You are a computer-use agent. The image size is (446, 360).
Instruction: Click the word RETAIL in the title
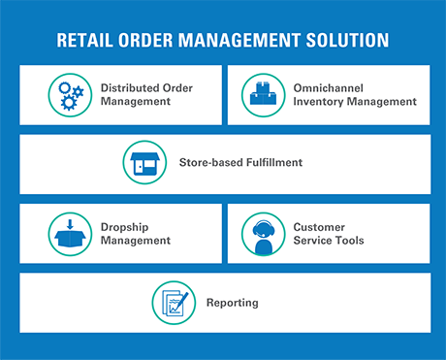pos(84,40)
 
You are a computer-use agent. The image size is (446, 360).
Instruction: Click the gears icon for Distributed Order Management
pos(71,96)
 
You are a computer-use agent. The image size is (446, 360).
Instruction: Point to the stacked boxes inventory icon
pos(264,94)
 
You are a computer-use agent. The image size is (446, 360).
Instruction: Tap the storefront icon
pos(144,163)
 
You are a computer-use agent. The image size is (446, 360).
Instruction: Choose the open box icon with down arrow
pos(70,233)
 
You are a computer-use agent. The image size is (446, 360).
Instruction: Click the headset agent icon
pos(264,237)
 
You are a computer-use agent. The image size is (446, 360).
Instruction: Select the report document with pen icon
pos(175,303)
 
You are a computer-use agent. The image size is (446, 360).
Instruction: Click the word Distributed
pos(130,87)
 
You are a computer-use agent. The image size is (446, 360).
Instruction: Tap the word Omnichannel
pos(329,88)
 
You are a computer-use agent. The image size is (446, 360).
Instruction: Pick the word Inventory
pos(318,102)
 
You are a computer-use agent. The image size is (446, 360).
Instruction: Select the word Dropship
pos(124,227)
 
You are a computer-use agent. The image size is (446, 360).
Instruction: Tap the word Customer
pos(319,227)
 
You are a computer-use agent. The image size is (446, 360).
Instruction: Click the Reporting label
pos(233,303)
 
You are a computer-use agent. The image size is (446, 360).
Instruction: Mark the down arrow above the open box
pos(70,224)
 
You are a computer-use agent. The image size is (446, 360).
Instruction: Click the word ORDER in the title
pos(145,40)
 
